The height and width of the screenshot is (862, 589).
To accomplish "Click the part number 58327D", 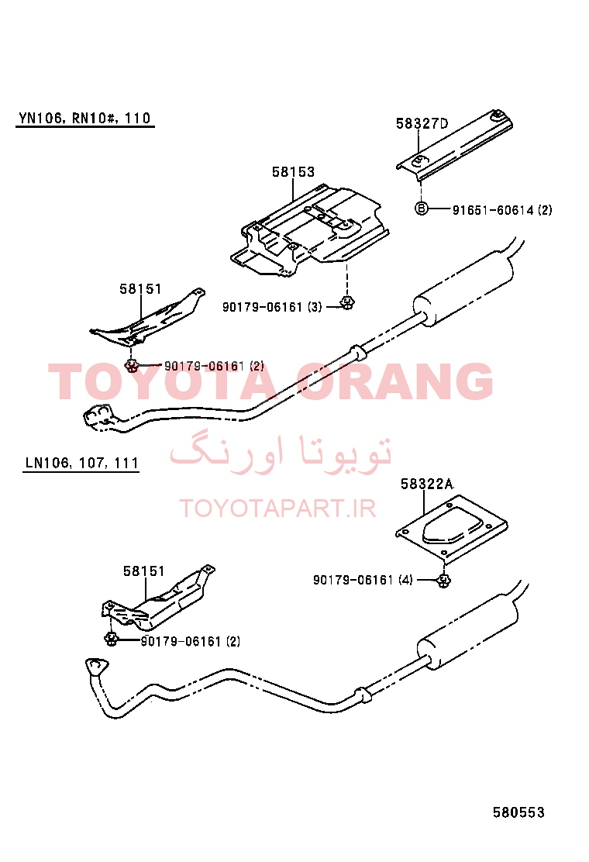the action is tap(422, 124).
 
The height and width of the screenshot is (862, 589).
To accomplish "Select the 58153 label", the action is tap(294, 172).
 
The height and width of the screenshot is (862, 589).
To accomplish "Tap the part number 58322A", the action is tap(427, 484).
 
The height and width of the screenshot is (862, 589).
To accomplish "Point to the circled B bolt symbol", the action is tap(421, 209).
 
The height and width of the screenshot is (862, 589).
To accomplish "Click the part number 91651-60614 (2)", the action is tap(502, 209).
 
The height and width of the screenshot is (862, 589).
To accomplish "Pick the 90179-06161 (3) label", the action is tap(272, 307).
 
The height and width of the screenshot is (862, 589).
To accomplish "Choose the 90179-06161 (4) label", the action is tap(363, 579).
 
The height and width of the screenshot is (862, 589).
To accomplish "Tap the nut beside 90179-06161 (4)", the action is tap(444, 579).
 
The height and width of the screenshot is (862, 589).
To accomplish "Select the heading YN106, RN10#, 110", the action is tap(84, 118).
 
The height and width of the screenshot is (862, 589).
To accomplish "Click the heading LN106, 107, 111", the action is tap(81, 463).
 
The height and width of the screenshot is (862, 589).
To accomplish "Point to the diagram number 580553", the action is tap(518, 812).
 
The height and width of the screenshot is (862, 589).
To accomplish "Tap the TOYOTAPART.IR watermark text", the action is tap(278, 509).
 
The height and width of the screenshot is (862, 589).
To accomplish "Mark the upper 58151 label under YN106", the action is tap(140, 288).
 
